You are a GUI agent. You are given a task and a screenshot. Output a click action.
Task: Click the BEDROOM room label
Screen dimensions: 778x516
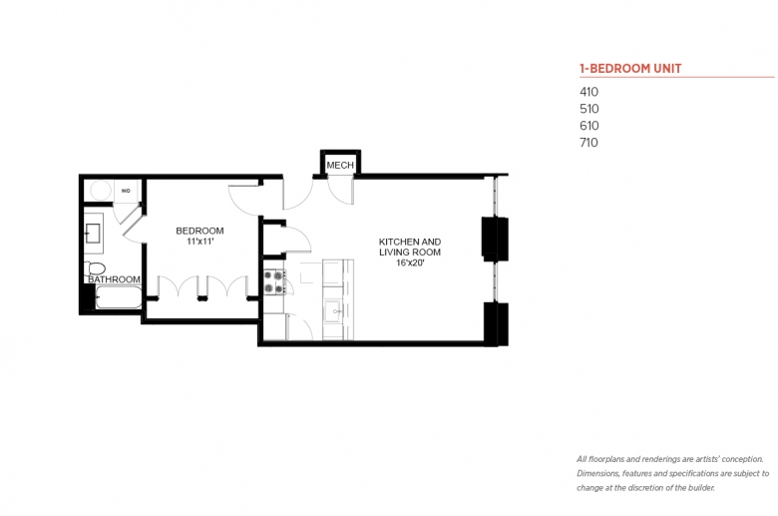[199, 231]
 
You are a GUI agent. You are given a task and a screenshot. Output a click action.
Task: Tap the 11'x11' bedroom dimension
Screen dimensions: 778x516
[199, 242]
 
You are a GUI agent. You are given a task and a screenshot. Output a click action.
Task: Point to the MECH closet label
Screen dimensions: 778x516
[340, 165]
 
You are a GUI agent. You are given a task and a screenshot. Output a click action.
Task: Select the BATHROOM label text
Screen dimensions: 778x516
[114, 279]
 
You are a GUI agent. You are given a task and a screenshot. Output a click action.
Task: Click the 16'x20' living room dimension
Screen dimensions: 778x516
[410, 262]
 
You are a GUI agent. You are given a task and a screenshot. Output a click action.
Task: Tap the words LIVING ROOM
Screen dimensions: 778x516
[410, 253]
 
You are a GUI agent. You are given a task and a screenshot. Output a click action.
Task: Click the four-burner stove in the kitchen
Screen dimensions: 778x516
[274, 282]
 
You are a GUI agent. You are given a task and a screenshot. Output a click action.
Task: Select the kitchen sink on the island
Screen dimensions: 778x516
[333, 311]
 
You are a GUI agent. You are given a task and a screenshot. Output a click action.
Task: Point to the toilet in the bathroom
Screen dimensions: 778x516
[95, 268]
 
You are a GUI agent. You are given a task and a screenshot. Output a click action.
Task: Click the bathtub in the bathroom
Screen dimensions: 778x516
[119, 297]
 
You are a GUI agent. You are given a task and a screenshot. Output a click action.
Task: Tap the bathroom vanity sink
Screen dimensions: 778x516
[93, 234]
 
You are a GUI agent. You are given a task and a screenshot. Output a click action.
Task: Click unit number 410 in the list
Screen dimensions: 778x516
[588, 92]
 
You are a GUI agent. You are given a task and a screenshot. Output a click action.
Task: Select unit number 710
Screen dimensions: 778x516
[588, 143]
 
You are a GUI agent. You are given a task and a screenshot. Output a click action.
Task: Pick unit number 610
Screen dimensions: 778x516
[588, 126]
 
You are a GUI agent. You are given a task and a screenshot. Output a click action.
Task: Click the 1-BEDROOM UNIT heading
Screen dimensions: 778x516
[630, 69]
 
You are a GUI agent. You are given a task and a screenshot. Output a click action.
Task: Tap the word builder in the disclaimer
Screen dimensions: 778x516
[700, 488]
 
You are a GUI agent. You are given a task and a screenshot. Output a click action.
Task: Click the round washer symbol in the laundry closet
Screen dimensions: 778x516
[100, 191]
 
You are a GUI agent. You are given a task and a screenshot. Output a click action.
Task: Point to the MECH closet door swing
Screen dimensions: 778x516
[341, 192]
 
